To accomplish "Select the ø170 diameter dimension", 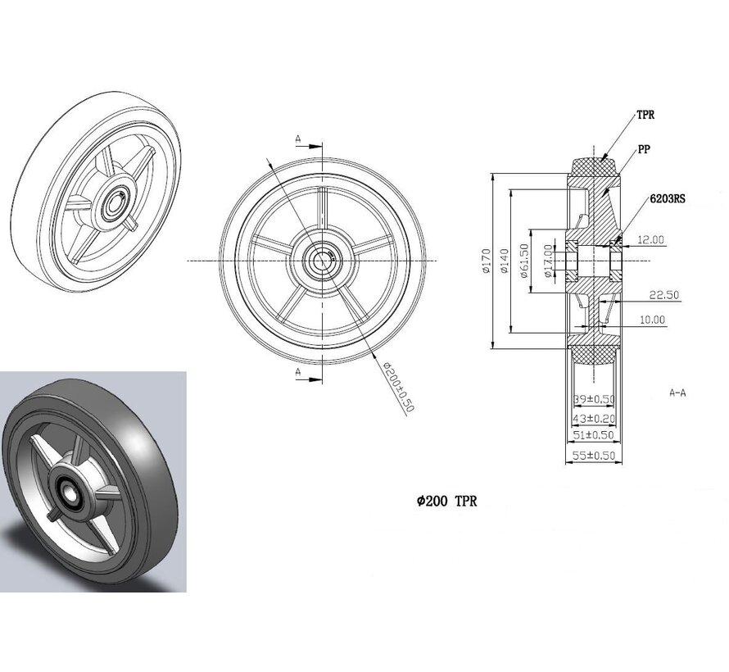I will tap(487, 260).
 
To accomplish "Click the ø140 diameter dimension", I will tap(506, 260).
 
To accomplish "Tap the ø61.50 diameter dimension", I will tap(524, 260).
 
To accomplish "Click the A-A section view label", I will tap(677, 393).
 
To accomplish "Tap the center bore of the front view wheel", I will tap(319, 261).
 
